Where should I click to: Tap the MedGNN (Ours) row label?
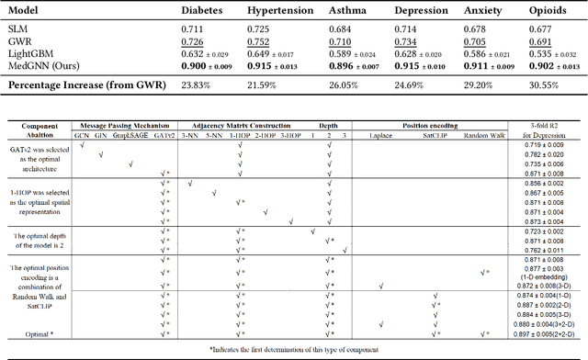point(47,65)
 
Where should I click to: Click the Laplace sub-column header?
point(379,135)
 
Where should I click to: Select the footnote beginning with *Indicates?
point(293,350)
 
